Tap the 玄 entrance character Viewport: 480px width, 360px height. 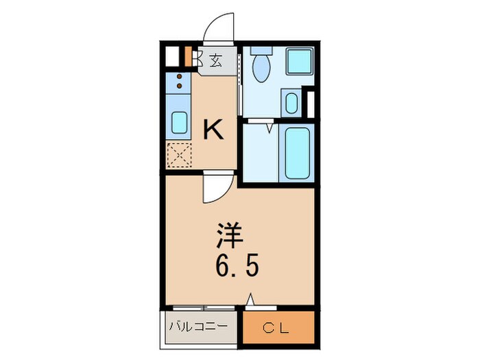[215, 61]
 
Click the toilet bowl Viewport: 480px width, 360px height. [261, 68]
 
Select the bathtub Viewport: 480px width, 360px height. [296, 152]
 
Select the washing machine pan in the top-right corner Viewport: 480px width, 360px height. [299, 62]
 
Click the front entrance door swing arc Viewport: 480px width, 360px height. [220, 27]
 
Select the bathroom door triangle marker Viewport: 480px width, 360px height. [270, 127]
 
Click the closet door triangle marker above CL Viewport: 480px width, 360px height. [252, 299]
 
